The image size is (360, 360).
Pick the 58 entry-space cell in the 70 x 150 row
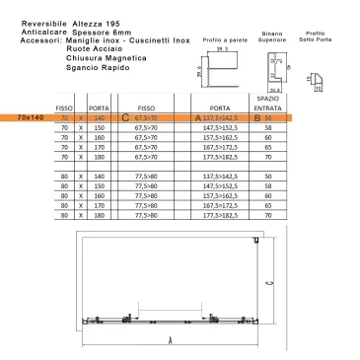click(268, 128)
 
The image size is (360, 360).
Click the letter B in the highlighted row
click(257, 117)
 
